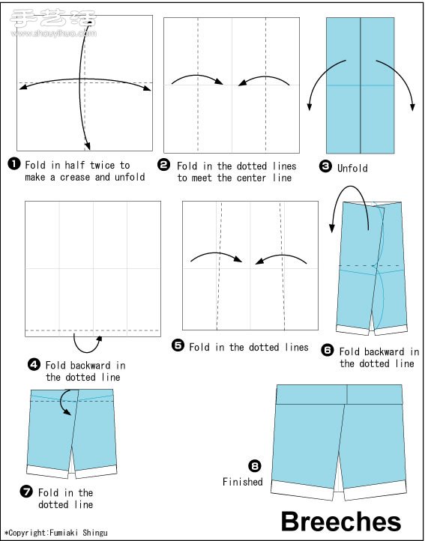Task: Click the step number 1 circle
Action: tap(14, 163)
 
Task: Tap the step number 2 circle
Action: tap(163, 165)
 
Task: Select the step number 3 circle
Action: tap(325, 166)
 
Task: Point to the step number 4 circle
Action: tap(34, 365)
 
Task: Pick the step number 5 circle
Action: tap(178, 345)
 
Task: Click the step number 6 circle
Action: tap(328, 350)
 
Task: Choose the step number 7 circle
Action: tap(26, 492)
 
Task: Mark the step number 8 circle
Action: tap(255, 467)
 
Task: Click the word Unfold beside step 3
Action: tap(352, 169)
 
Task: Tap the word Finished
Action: tap(243, 482)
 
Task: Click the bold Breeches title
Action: tap(341, 522)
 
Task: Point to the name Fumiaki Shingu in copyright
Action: tap(79, 533)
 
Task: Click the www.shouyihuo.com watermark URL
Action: tap(54, 34)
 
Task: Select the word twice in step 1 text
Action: tap(102, 166)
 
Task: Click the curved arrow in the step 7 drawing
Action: tap(61, 402)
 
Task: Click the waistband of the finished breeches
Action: tap(340, 394)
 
